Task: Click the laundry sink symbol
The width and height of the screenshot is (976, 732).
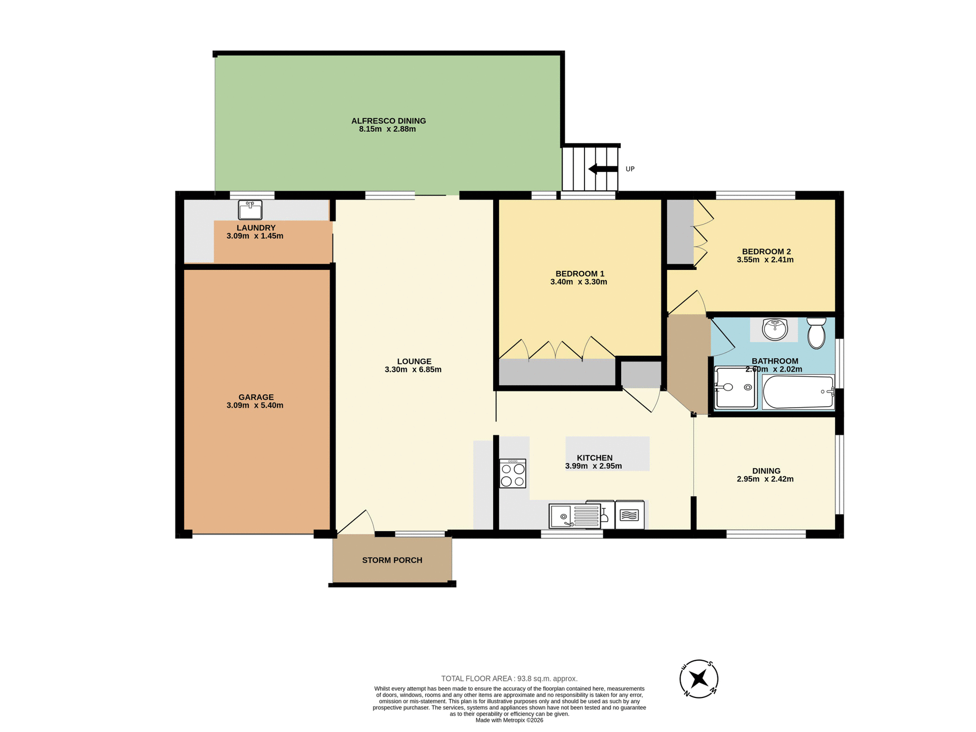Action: [250, 209]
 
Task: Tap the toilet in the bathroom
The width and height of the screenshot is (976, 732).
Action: [816, 333]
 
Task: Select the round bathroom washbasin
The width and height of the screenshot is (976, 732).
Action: [775, 329]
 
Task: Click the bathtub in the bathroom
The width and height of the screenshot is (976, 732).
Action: [798, 392]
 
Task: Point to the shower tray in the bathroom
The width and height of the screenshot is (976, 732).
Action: [735, 388]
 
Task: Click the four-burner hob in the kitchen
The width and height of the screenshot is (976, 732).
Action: [512, 474]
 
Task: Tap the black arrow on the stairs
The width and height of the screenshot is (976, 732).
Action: [602, 169]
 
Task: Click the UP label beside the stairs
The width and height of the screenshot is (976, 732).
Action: [630, 169]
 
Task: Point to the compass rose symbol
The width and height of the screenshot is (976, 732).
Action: [698, 679]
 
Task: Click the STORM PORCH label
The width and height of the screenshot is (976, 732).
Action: [392, 560]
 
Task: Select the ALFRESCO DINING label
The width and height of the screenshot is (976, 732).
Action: [388, 120]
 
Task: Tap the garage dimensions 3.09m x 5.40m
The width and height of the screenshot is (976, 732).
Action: [255, 406]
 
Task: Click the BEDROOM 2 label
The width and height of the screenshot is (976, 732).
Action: [766, 251]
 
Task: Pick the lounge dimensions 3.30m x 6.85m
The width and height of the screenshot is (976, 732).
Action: [413, 370]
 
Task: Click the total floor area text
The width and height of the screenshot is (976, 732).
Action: [509, 679]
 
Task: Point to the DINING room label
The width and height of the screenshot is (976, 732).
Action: [766, 471]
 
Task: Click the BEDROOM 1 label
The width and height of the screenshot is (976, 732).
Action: [579, 273]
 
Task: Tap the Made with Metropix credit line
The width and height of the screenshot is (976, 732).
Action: [509, 720]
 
